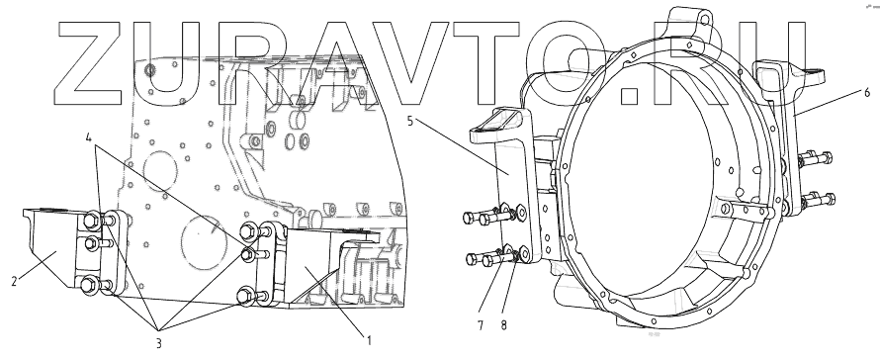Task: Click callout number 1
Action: [369, 340]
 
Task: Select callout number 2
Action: [15, 281]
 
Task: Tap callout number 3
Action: [159, 343]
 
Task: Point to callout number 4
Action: [89, 137]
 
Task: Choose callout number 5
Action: [410, 121]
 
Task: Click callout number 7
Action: [481, 325]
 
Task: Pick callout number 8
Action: [503, 325]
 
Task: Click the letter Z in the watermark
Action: [88, 63]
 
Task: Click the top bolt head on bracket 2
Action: [91, 221]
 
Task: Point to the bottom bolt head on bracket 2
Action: [88, 285]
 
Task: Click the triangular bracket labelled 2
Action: [53, 247]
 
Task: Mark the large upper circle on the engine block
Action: [160, 171]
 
